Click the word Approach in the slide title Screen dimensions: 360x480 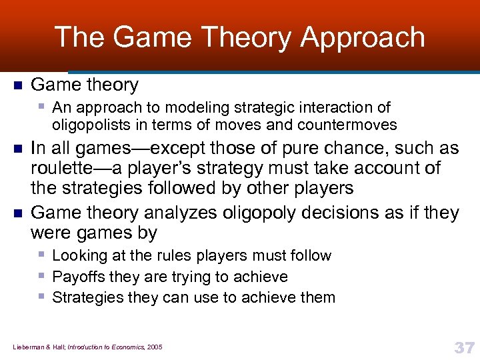pos(362,37)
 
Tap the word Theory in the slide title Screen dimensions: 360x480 pos(243,37)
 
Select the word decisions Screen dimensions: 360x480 pos(329,213)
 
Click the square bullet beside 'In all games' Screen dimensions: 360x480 pos(17,148)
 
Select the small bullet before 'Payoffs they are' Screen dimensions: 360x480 pos(42,276)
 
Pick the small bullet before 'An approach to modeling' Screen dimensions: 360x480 pos(42,107)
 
